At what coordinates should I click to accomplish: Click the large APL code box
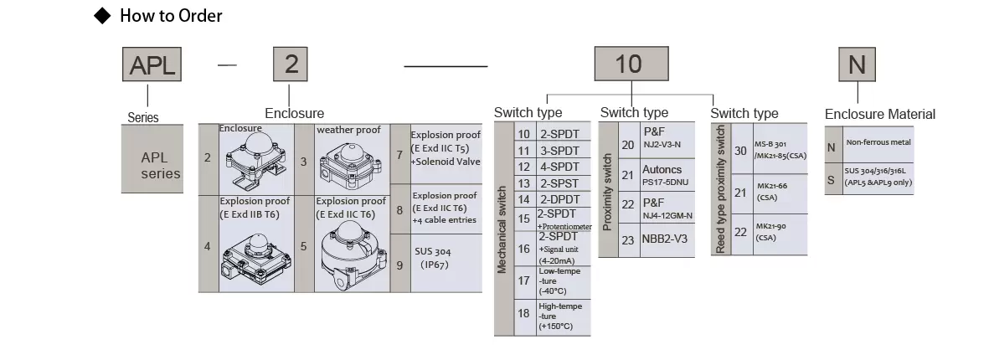pyautogui.click(x=152, y=64)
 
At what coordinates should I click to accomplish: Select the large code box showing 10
pyautogui.click(x=631, y=64)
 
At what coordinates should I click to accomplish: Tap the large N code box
pyautogui.click(x=857, y=64)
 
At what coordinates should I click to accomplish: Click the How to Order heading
pyautogui.click(x=171, y=16)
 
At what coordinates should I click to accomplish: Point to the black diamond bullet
pyautogui.click(x=102, y=16)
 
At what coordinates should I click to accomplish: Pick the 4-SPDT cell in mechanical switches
pyautogui.click(x=564, y=167)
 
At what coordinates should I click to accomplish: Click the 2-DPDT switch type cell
pyautogui.click(x=564, y=199)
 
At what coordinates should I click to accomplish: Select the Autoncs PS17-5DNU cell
pyautogui.click(x=667, y=175)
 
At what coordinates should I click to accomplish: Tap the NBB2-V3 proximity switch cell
pyautogui.click(x=667, y=239)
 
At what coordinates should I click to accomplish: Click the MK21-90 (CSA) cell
pyautogui.click(x=780, y=232)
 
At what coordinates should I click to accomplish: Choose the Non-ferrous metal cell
pyautogui.click(x=878, y=143)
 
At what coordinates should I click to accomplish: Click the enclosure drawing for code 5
pyautogui.click(x=352, y=256)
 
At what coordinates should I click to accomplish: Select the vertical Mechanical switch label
pyautogui.click(x=502, y=229)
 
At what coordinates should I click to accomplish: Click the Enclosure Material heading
pyautogui.click(x=880, y=114)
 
